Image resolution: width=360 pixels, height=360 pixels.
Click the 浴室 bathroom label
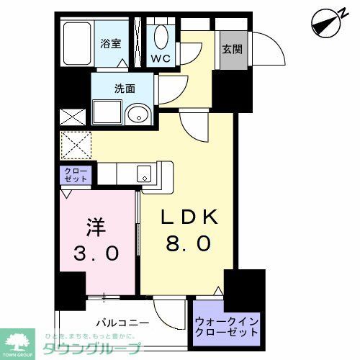tap(110, 42)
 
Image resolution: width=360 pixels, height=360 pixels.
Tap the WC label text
tap(159, 58)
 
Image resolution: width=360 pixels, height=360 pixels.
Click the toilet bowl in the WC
tap(159, 36)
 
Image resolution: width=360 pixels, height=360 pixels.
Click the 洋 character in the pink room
tap(96, 228)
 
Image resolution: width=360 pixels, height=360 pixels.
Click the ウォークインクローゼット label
tap(227, 328)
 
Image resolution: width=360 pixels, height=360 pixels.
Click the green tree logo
tap(20, 340)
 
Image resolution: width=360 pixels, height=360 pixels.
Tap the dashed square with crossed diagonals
tap(76, 145)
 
